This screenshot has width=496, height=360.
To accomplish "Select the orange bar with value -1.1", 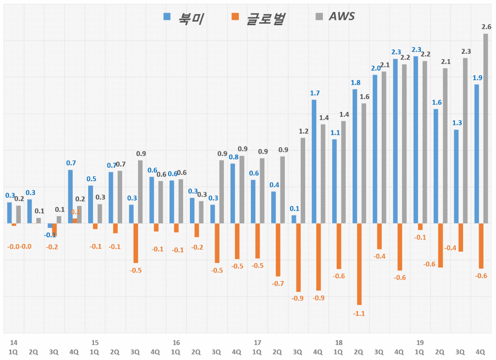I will (x=359, y=264).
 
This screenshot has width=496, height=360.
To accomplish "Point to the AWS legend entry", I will (x=335, y=16).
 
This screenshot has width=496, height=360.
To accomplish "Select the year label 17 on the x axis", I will (x=257, y=342).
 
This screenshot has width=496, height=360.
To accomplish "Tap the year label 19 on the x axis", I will (x=420, y=342).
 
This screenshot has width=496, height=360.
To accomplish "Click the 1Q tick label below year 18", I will (x=338, y=352).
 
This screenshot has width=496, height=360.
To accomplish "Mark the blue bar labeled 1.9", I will (x=477, y=154).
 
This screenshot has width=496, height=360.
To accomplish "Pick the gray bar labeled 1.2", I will (x=303, y=180).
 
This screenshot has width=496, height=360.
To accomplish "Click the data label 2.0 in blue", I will (x=376, y=68).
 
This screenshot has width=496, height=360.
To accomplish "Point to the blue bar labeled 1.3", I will (x=456, y=176).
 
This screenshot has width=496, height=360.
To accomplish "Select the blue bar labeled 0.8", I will (x=232, y=193).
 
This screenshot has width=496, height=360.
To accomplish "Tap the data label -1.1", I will (x=359, y=313).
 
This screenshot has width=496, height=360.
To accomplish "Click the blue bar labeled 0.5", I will (x=91, y=204).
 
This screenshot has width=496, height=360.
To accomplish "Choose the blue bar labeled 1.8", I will (x=355, y=156).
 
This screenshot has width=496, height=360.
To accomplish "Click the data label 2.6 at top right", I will (x=486, y=27).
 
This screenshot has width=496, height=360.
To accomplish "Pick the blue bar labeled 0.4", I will (x=273, y=207).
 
